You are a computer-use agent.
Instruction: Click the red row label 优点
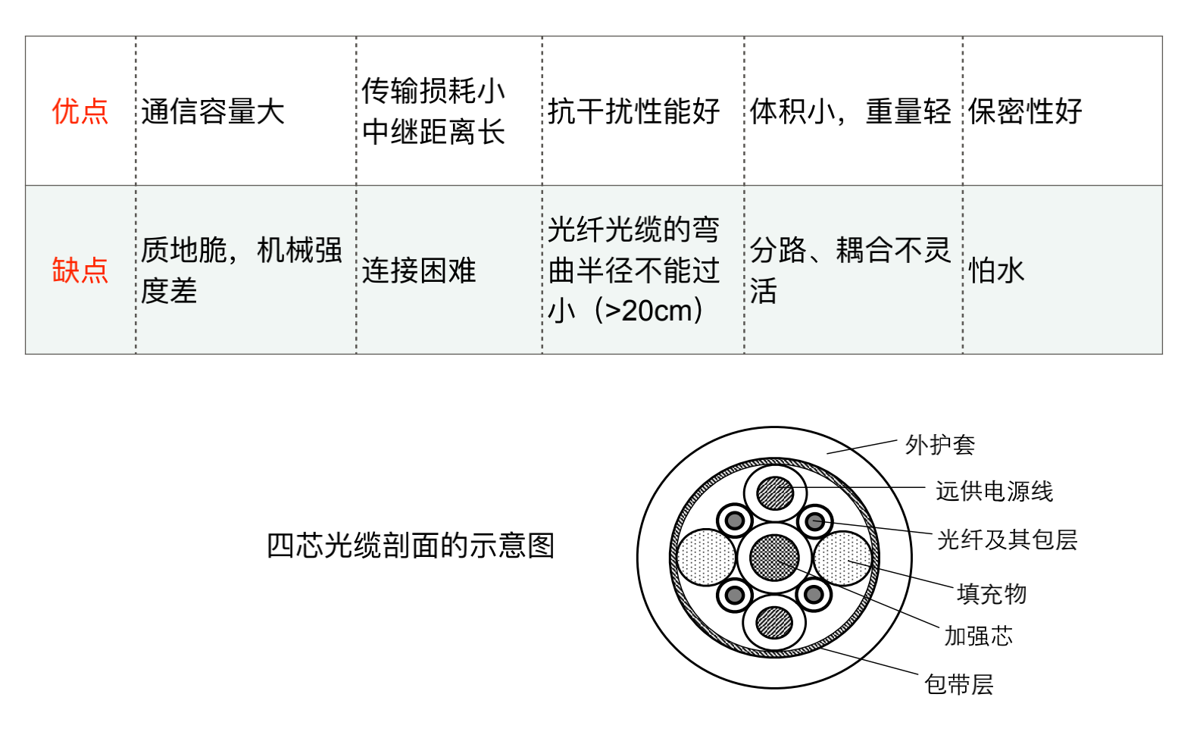80,111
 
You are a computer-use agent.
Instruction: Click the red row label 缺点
80,270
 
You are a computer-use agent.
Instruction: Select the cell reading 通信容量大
213,112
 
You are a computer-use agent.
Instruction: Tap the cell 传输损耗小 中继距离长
433,111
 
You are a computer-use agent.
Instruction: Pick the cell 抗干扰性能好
633,111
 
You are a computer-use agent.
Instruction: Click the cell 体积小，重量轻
850,111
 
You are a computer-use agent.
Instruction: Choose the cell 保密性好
1025,111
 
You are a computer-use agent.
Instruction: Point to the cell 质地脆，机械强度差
241,270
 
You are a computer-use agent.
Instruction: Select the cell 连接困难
419,270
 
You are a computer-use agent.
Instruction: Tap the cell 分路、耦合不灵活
850,270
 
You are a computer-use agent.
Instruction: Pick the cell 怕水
996,270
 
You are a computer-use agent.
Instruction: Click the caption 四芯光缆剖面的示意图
411,546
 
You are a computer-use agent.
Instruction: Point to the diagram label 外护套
940,445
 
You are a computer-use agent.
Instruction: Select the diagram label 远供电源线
994,491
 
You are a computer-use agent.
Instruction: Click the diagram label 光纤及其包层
1007,539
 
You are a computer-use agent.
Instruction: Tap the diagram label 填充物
992,593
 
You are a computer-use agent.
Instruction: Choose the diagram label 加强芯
978,636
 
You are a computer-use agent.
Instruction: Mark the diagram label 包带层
958,684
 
